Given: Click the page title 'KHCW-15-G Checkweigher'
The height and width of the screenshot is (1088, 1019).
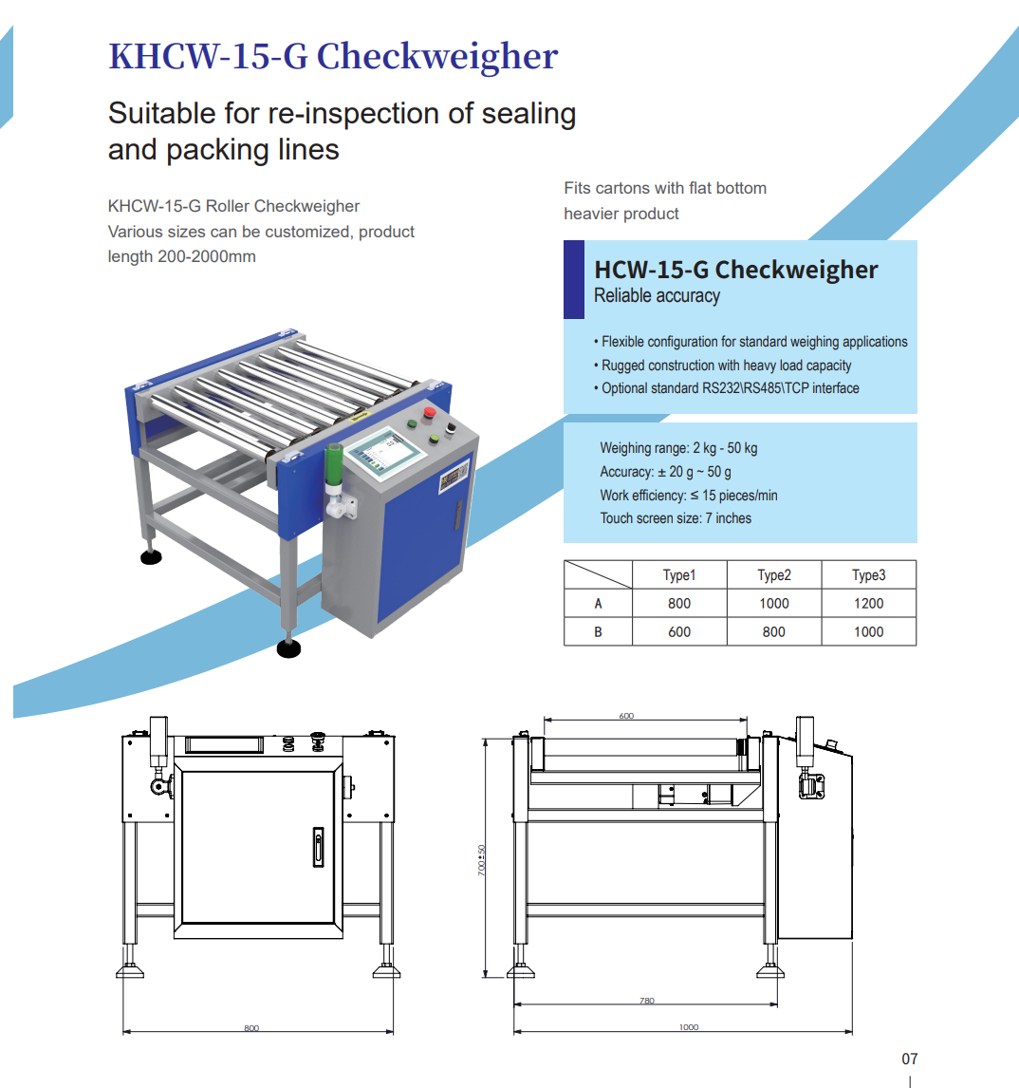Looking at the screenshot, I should pyautogui.click(x=333, y=56).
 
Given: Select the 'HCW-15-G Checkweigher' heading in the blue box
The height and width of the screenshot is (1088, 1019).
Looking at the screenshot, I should pyautogui.click(x=735, y=270).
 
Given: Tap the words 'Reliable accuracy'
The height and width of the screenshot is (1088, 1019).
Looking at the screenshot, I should pyautogui.click(x=657, y=296).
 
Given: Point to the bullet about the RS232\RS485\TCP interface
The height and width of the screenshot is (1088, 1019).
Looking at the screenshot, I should pyautogui.click(x=730, y=388).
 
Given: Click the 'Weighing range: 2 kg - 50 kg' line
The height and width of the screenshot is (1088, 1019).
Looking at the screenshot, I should pyautogui.click(x=678, y=448).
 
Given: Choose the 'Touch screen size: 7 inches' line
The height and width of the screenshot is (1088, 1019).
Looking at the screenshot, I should pyautogui.click(x=676, y=518).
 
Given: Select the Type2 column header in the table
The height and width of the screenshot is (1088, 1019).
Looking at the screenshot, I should pyautogui.click(x=773, y=575).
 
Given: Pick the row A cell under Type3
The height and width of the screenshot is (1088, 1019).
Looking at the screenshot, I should pyautogui.click(x=868, y=604).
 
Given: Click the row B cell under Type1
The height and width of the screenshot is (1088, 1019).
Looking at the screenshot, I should pyautogui.click(x=679, y=632).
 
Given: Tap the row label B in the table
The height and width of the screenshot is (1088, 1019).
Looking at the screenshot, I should pyautogui.click(x=598, y=632).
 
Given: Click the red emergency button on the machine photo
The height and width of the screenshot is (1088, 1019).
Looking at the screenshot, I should pyautogui.click(x=429, y=413).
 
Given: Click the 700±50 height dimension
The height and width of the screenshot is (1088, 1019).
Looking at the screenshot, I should pyautogui.click(x=481, y=860).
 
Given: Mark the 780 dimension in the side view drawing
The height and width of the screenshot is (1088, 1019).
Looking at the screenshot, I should pyautogui.click(x=646, y=1001).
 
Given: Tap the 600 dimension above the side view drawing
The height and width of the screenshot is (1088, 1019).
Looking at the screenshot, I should pyautogui.click(x=626, y=716).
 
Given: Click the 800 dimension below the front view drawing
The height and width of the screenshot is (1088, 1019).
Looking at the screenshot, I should pyautogui.click(x=250, y=1028).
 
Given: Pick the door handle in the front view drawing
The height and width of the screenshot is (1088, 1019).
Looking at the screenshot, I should pyautogui.click(x=318, y=847).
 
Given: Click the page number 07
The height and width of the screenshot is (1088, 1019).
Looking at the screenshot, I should pyautogui.click(x=909, y=1059).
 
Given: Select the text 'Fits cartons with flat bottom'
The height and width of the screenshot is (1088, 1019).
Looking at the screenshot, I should pyautogui.click(x=665, y=188).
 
